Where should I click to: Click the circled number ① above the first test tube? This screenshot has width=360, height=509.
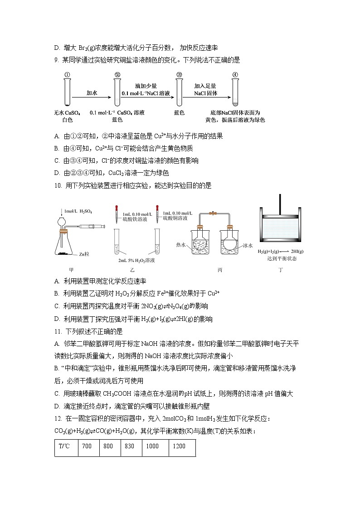point(66,75)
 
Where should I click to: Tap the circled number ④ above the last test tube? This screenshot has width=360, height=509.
point(235,75)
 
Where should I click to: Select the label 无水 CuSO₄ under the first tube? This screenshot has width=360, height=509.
point(67,112)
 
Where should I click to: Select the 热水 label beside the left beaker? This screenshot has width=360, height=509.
point(182,245)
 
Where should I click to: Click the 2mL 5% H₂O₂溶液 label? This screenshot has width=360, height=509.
point(136,261)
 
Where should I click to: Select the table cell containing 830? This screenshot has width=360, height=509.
point(130,446)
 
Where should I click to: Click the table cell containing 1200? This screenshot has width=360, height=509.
point(180,446)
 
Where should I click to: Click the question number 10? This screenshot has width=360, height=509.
point(58,185)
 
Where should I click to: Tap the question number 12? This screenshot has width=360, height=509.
point(58,418)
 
